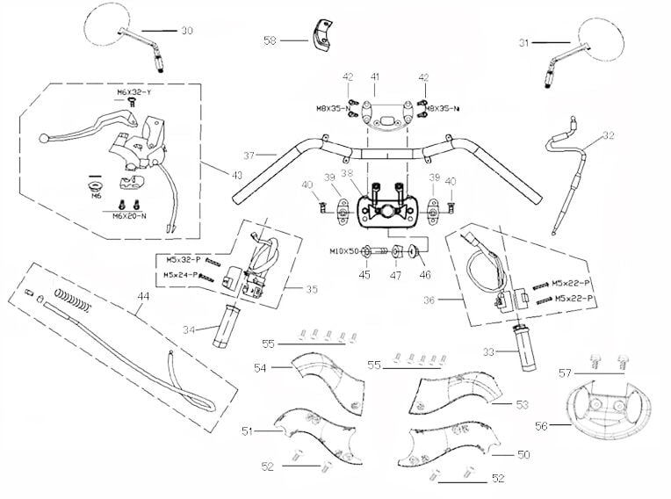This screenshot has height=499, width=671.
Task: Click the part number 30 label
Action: [x=186, y=31]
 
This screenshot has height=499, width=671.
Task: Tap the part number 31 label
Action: [x=523, y=41]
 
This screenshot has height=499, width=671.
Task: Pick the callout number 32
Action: [x=609, y=135]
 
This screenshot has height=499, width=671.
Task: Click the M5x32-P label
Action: [x=182, y=261]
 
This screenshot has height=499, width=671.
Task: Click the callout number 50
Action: [x=523, y=455]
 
